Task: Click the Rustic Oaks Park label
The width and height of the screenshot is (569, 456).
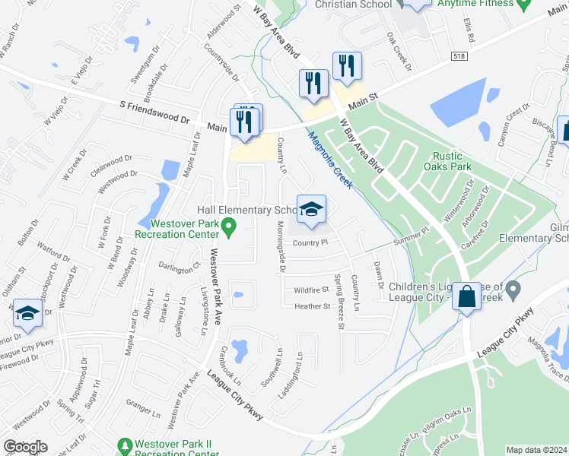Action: (x=452, y=160)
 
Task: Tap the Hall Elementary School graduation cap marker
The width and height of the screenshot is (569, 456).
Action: (x=310, y=211)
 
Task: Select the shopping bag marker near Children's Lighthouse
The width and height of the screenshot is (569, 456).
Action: (x=466, y=296)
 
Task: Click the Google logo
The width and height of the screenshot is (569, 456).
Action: (x=25, y=447)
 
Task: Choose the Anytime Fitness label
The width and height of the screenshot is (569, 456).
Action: (x=476, y=4)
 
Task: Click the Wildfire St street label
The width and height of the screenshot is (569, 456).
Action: (x=311, y=290)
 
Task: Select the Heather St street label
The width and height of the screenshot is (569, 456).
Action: (x=313, y=306)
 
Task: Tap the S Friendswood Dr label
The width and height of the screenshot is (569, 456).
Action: (x=154, y=113)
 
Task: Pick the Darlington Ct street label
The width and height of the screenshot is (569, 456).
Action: (x=179, y=266)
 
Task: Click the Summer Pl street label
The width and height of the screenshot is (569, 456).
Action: (x=412, y=241)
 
